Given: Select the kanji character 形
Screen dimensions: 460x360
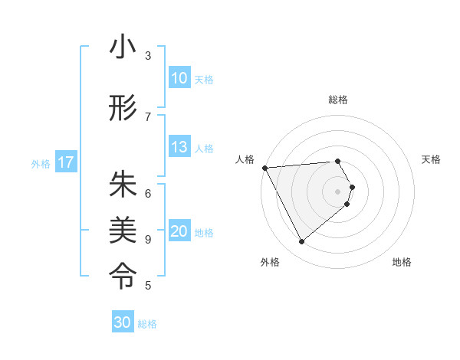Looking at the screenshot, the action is tap(123, 109).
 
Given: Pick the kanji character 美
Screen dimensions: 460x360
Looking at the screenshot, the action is tap(123, 227).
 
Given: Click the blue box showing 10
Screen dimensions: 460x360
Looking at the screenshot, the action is tap(179, 77).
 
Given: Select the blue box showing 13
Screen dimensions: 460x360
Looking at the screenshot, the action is tap(179, 148).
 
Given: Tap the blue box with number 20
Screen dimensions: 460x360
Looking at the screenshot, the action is tap(179, 232).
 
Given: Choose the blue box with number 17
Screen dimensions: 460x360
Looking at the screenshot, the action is tap(66, 162).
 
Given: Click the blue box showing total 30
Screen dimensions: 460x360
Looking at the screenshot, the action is tap(123, 322).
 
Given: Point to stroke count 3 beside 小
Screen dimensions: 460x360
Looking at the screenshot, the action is tap(148, 56).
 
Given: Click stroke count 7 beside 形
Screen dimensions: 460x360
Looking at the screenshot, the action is tap(148, 116).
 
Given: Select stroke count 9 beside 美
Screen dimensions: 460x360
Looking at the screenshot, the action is tap(148, 239).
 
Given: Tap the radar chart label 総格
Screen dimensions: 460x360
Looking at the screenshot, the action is tap(338, 100).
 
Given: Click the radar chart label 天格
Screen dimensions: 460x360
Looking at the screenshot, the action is tap(432, 159).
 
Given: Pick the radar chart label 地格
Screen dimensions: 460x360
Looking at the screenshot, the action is tap(402, 262).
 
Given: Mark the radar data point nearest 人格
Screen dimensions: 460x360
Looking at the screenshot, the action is tap(264, 168).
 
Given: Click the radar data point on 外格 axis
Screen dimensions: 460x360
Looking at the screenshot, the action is tap(301, 242).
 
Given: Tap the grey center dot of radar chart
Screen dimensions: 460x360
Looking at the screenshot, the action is tap(337, 191).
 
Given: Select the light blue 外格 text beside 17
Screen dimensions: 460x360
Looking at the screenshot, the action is tap(41, 163).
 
